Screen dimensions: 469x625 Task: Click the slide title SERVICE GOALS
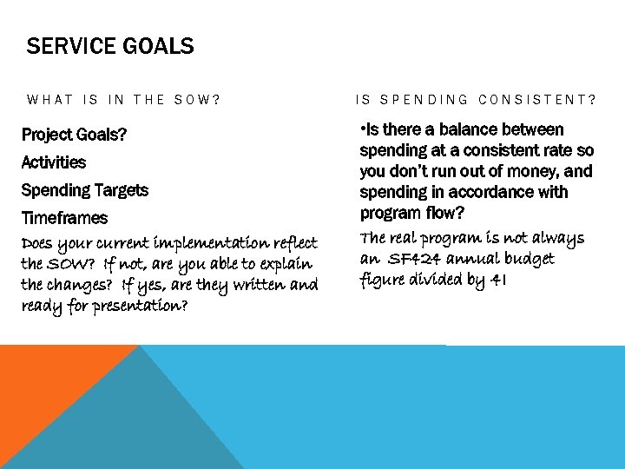click(110, 46)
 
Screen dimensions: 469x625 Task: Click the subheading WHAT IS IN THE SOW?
click(124, 100)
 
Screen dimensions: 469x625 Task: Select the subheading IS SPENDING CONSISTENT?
click(477, 100)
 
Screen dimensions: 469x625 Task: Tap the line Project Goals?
click(74, 135)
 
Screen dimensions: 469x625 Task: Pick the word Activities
click(54, 162)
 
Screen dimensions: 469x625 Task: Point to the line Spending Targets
click(84, 190)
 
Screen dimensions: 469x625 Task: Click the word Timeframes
click(64, 218)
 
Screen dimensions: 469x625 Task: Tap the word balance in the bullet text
click(469, 129)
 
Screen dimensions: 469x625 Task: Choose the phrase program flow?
click(412, 213)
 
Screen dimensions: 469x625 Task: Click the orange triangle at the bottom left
click(52, 391)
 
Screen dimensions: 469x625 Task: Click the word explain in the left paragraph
click(288, 263)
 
